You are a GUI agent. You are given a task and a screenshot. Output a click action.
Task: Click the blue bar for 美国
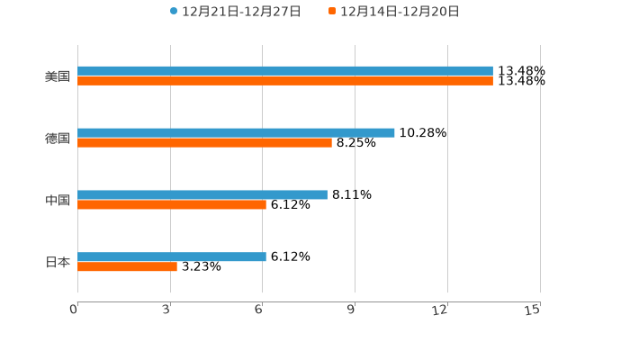click(x=285, y=70)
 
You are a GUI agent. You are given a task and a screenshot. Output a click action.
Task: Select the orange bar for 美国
click(x=285, y=81)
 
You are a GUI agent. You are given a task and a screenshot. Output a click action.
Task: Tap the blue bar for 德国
click(x=236, y=132)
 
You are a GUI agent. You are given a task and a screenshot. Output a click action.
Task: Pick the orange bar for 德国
click(x=204, y=143)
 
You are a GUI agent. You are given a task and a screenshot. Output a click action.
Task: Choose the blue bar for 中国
click(x=202, y=194)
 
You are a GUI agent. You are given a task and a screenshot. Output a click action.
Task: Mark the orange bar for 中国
click(x=172, y=205)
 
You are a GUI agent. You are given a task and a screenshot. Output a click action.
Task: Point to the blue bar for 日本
click(x=172, y=256)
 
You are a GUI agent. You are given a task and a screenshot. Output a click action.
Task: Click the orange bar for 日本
click(x=127, y=267)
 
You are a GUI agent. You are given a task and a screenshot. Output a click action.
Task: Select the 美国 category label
click(x=58, y=76)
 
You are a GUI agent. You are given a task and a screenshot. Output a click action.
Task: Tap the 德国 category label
click(x=58, y=138)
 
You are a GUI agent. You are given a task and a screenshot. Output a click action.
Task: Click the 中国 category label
click(x=58, y=200)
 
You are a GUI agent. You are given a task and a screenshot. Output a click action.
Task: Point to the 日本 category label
click(x=58, y=262)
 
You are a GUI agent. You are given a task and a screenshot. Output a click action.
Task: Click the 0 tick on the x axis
click(x=75, y=310)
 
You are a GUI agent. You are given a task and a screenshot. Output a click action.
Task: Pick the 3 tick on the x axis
click(x=167, y=310)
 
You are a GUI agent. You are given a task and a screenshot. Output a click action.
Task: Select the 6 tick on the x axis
click(x=259, y=310)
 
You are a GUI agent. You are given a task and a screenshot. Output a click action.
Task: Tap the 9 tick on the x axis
click(x=352, y=310)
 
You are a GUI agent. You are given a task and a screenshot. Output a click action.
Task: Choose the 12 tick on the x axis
click(x=441, y=310)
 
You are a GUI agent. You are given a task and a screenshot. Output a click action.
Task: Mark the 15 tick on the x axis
click(x=534, y=310)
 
